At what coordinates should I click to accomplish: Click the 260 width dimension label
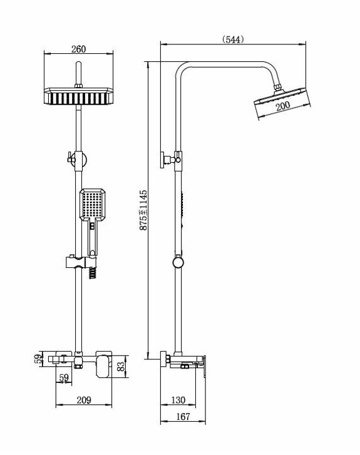click(x=79, y=49)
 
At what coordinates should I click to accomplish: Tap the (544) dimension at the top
click(x=233, y=39)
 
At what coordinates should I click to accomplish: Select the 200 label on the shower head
click(x=282, y=106)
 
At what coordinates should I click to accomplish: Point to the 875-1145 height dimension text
click(x=143, y=210)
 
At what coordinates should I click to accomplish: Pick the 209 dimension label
click(x=84, y=400)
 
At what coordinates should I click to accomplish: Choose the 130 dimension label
click(x=178, y=400)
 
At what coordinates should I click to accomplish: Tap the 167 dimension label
click(x=183, y=417)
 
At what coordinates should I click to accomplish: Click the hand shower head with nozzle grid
click(x=92, y=205)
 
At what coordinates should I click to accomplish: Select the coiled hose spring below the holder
click(x=92, y=273)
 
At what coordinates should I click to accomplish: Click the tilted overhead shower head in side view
click(x=282, y=103)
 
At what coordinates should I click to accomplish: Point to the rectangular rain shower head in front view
click(x=78, y=96)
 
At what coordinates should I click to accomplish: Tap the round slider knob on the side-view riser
click(x=178, y=262)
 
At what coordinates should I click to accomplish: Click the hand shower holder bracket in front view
click(x=80, y=262)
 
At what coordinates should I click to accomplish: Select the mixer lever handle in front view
click(x=103, y=366)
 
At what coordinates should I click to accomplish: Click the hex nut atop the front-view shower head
click(x=78, y=86)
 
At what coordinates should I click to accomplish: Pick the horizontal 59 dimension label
click(x=64, y=378)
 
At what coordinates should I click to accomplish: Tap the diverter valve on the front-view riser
click(x=77, y=161)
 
